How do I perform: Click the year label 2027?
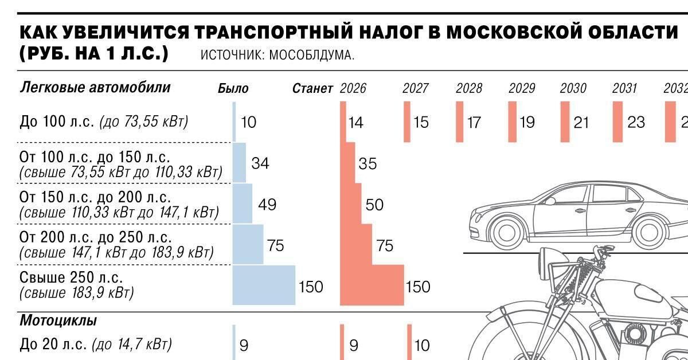coord(415,89)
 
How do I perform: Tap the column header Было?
coord(233,89)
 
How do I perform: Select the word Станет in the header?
coord(312,89)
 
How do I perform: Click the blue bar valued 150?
coord(264,284)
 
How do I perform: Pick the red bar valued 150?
coord(372,284)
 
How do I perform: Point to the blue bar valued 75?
coord(248,245)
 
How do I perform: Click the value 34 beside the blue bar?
coord(260,164)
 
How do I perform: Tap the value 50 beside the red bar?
coord(374,205)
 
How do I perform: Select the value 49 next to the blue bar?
coord(267,205)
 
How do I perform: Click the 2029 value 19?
coord(526,122)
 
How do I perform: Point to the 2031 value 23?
coord(636,122)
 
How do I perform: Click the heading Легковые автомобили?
coord(95,88)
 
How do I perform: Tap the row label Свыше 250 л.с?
coord(72,277)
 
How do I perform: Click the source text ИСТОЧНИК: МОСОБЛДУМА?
coord(277,56)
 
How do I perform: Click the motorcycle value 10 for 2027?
coord(421,345)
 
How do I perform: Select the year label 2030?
coord(573,89)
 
